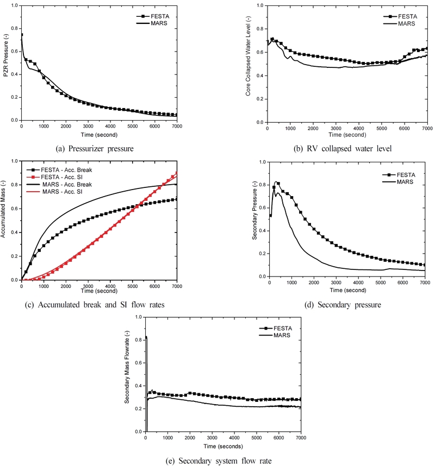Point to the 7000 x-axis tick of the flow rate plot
tap(301, 437)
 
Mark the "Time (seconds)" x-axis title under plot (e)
tap(223, 445)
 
